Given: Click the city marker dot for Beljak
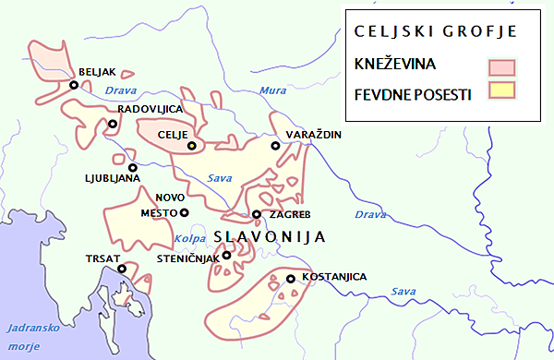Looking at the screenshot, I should (x=73, y=85).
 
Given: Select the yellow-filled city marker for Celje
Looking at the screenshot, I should (x=192, y=145).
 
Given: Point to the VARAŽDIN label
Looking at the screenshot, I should (x=315, y=135).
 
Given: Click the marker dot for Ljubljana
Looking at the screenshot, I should (x=133, y=168).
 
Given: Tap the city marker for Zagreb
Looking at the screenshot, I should (x=257, y=215).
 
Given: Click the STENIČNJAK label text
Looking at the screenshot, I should (x=189, y=258).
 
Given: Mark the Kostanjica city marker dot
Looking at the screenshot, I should (x=290, y=279).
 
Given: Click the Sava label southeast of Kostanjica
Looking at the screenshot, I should (x=403, y=292).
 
